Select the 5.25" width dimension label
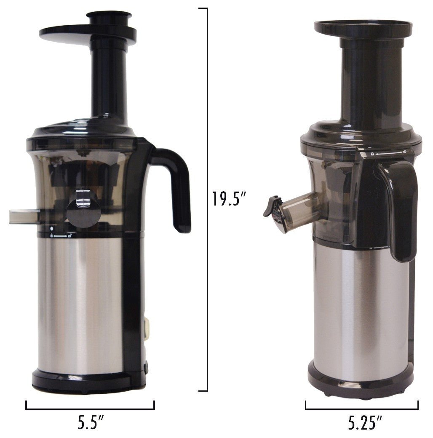coord(365,423)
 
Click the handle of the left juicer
coord(177,185)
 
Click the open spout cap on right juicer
coord(272,206)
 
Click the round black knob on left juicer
coord(83,211)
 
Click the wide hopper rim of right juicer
coord(363,29)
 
